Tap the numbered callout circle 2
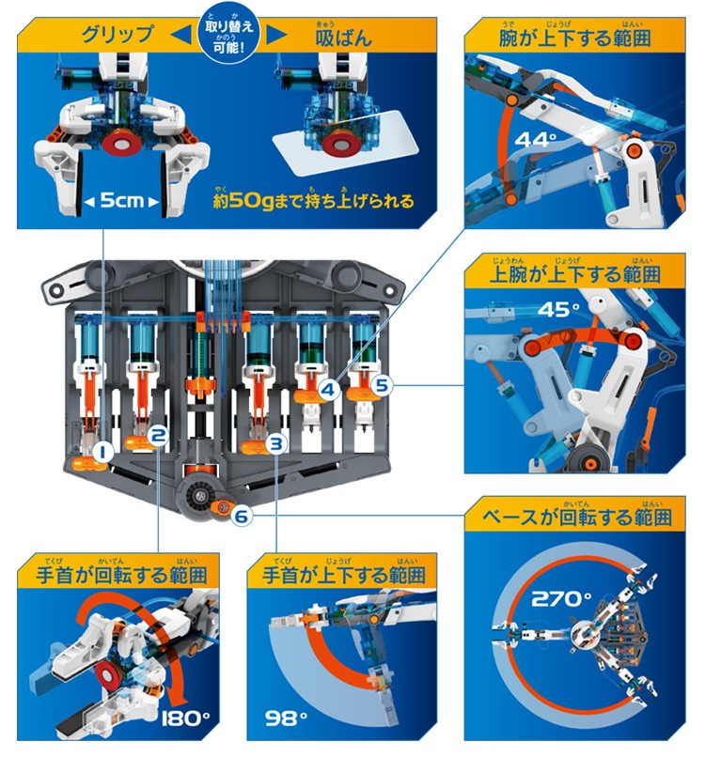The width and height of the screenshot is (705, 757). [x=158, y=436]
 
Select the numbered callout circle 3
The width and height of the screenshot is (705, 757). [x=276, y=442]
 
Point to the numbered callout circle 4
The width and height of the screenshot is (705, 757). [x=329, y=389]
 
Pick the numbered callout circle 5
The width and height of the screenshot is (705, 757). [x=382, y=385]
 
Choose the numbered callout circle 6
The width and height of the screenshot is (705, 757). [x=242, y=516]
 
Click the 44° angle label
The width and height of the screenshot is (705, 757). [x=536, y=140]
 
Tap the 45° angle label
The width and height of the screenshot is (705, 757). [x=558, y=309]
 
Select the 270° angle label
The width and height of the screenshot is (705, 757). [x=561, y=599]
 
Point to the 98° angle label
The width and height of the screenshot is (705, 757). [x=286, y=718]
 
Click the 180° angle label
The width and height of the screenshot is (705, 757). [x=185, y=718]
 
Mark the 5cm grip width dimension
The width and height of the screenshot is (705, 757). [x=121, y=200]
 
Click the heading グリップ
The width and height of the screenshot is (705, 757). [x=117, y=35]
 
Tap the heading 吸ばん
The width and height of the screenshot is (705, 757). [x=344, y=37]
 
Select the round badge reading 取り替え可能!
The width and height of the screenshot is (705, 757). [x=229, y=34]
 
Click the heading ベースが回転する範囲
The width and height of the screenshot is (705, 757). [x=577, y=518]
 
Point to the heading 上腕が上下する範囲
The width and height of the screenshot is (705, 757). [x=575, y=273]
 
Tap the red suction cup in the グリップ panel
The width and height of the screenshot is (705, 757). [x=121, y=144]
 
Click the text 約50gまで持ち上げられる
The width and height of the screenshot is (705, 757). [x=314, y=200]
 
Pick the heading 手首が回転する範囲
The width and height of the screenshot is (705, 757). [x=122, y=575]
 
